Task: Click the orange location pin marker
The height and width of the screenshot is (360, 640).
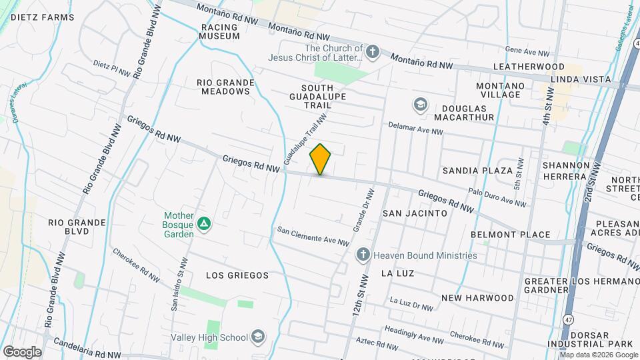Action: (320, 159)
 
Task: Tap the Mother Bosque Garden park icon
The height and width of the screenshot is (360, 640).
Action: (205, 224)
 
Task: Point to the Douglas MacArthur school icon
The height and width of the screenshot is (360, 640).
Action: (420, 105)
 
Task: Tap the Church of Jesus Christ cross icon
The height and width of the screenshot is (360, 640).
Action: (373, 51)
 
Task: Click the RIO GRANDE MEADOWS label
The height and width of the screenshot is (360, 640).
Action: (225, 87)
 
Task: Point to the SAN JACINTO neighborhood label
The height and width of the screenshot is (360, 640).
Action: (414, 213)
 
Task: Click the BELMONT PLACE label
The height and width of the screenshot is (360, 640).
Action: (510, 235)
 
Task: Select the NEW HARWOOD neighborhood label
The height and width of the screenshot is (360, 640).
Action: (477, 298)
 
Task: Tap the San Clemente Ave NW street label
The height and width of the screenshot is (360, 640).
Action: (313, 235)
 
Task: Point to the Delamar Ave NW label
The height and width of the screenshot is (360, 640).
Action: (416, 128)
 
